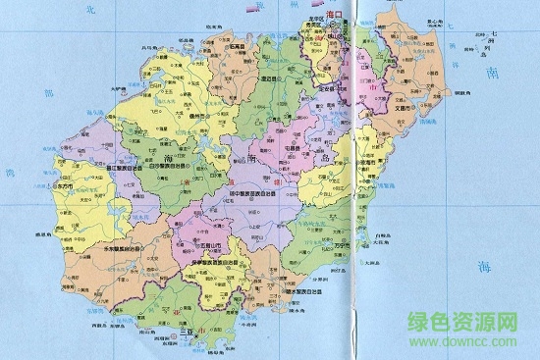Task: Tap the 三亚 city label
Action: (183, 331)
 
